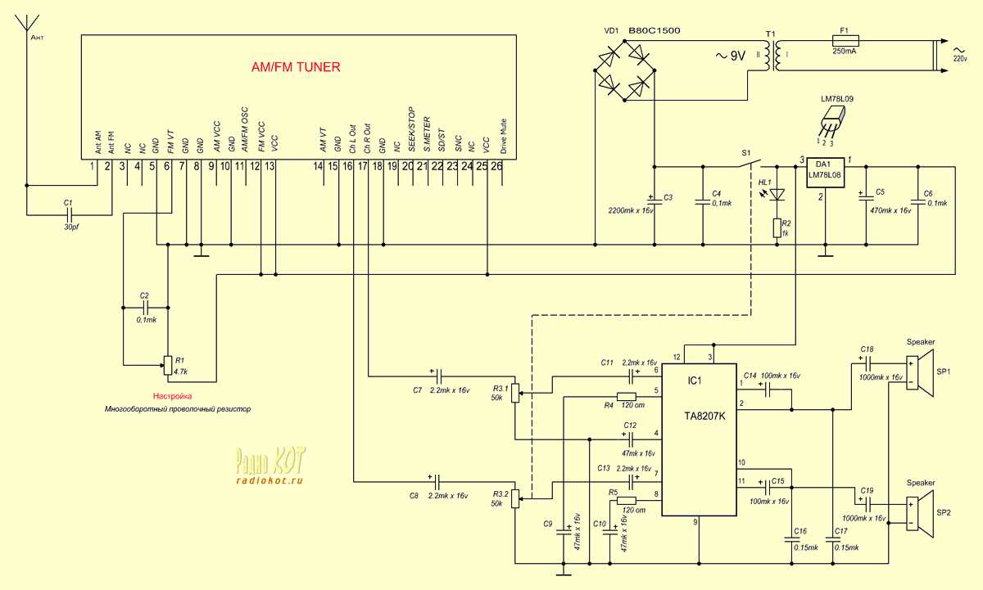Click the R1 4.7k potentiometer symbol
tap(167, 365)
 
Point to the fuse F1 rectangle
tap(844, 40)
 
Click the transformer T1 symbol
tap(768, 56)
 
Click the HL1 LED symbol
tap(778, 194)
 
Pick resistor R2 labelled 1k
tap(777, 227)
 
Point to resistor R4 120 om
tap(627, 398)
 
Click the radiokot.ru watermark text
tap(270, 481)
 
